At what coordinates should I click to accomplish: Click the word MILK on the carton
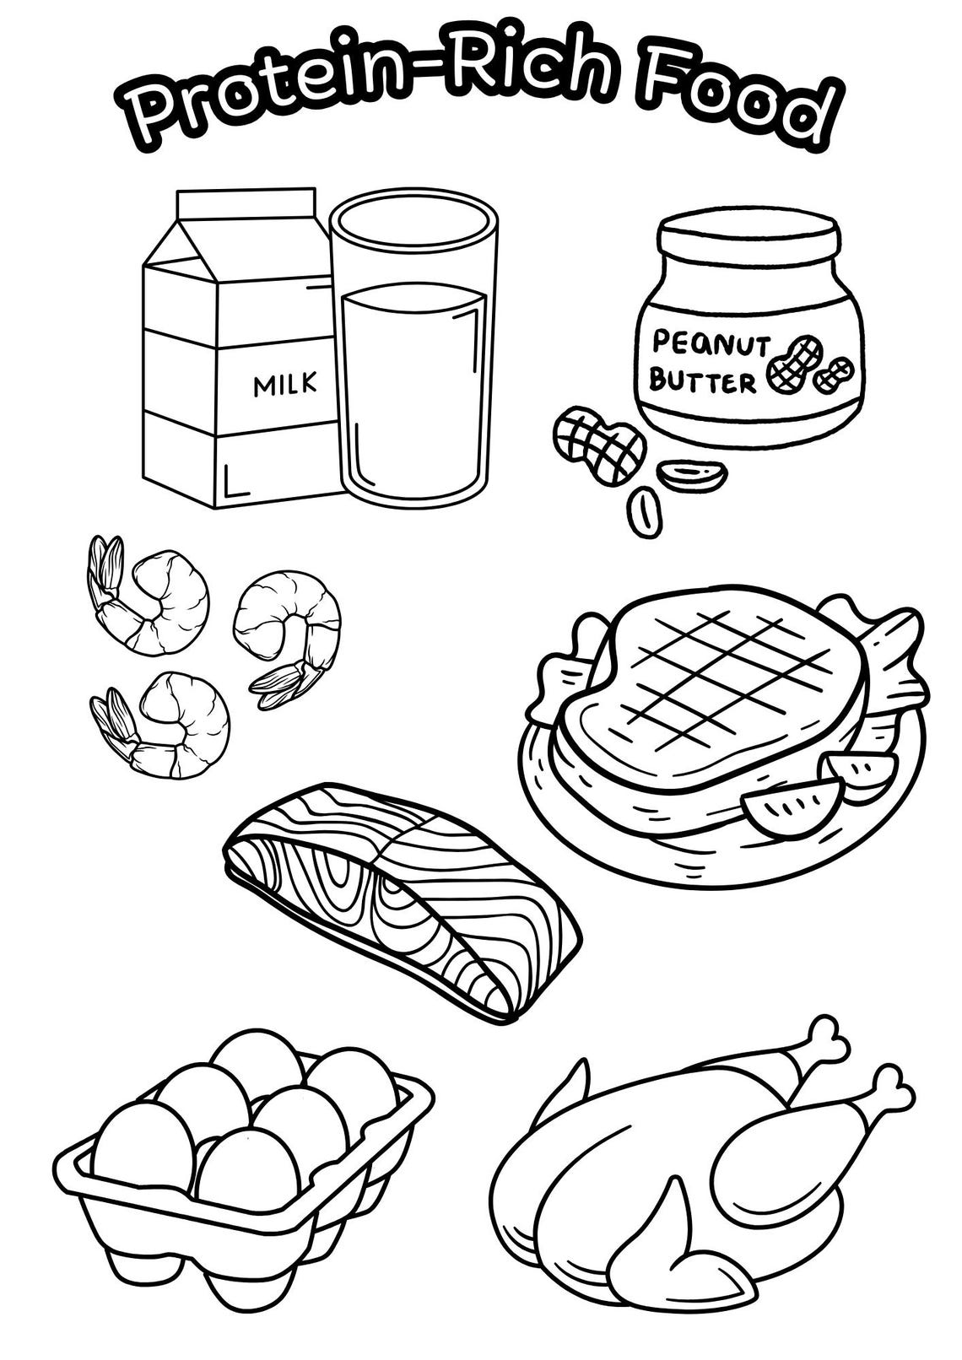pos(285,385)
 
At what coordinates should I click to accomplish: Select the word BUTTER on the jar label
pos(702,382)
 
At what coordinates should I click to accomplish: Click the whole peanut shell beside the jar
pos(599,443)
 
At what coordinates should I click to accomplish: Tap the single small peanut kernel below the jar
pos(645,510)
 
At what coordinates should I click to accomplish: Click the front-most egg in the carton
pos(248,1173)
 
